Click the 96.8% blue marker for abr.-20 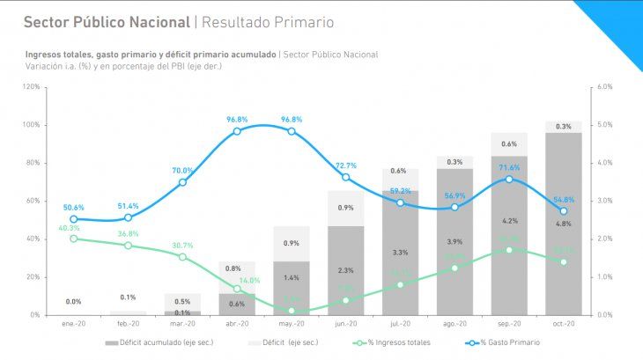pos(237,131)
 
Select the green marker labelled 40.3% pos(74,239)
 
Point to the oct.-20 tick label pos(563,324)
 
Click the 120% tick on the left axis pos(31,86)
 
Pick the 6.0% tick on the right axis pos(604,86)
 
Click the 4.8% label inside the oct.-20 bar pos(563,224)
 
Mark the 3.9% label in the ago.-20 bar pos(455,241)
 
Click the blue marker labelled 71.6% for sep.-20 pos(509,180)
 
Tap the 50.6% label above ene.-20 pos(74,208)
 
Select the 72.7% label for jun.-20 pos(345,165)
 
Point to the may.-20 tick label pos(291,324)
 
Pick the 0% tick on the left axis pos(34,314)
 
